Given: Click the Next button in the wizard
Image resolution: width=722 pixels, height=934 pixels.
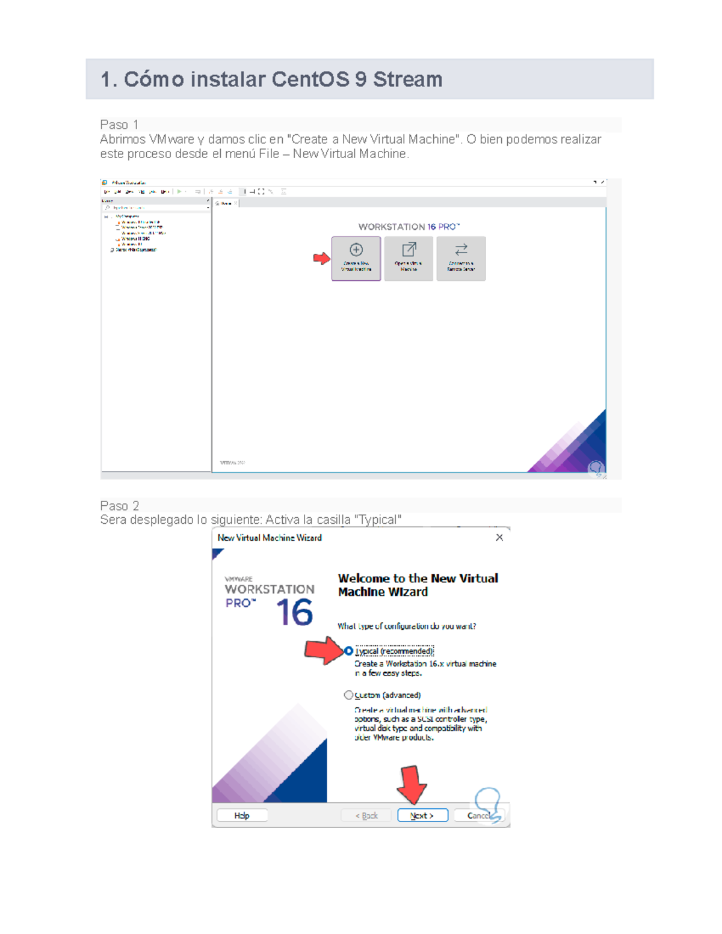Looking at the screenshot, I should coord(422,816).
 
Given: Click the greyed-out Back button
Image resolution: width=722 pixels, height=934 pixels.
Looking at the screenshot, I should coord(366,816).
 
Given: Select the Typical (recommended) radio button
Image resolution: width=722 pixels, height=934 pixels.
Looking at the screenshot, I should coord(349,651).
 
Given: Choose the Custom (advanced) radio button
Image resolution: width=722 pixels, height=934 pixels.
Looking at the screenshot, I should coord(348,695).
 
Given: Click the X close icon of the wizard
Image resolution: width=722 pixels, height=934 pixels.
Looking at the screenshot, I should coord(499,538).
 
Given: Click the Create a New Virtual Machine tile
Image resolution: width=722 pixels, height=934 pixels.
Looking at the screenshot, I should coord(356,258).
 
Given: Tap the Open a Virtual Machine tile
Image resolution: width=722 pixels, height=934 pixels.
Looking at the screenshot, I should coord(409,258).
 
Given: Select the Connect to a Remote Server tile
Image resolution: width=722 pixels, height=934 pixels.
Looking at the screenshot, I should coord(461,258).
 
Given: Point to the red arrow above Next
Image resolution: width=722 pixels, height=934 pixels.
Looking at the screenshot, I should coord(412,784).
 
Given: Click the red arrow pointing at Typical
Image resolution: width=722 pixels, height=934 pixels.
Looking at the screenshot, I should coord(324,650).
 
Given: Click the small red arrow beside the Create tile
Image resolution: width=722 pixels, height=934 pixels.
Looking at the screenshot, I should coord(322,258).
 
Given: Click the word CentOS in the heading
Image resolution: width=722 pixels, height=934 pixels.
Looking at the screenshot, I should coord(310,79).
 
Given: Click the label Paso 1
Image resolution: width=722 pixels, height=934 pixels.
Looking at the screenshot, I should coord(119,124).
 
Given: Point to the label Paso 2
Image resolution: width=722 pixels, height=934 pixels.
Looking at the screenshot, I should coord(119,506).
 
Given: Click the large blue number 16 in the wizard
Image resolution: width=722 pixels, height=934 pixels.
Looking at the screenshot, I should coord(294,612).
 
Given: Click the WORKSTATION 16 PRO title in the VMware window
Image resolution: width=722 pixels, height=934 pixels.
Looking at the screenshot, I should coord(409,227).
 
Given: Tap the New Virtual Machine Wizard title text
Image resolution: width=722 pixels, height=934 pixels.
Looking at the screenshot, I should coord(270,538).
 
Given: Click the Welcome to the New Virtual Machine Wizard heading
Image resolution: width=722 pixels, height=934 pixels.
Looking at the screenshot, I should coord(418,585).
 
